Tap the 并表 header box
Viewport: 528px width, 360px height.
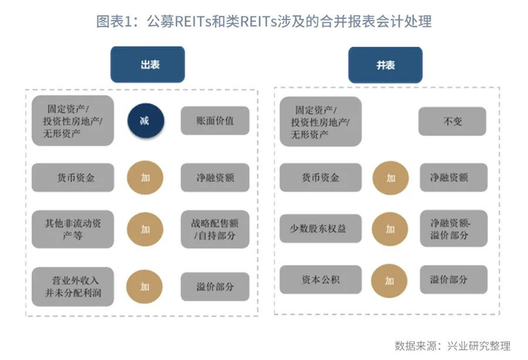[385, 65]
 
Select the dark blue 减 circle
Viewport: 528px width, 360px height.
[144, 120]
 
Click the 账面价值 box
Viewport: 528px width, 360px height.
[214, 120]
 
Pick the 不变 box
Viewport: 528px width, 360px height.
[453, 120]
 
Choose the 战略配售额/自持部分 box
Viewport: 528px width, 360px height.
[214, 229]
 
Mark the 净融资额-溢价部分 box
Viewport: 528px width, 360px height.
[453, 229]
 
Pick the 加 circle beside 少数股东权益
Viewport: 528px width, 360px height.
[390, 229]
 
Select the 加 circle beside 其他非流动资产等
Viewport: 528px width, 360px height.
[144, 229]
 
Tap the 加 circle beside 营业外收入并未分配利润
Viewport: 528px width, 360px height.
[144, 286]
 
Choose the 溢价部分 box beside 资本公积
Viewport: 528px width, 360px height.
[453, 280]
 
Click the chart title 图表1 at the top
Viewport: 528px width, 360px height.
[263, 21]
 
